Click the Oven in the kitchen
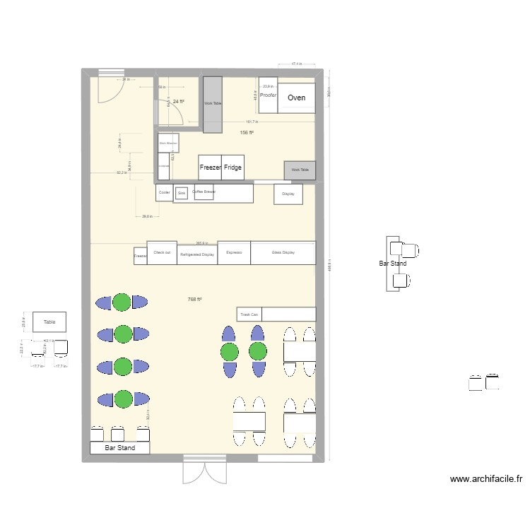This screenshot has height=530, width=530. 296,98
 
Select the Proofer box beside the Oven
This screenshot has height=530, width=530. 268,95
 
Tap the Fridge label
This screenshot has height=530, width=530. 232,168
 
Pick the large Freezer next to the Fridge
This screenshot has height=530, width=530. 210,168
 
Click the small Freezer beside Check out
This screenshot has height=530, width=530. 140,256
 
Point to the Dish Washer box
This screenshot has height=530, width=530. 168,143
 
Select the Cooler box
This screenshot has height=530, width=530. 164,192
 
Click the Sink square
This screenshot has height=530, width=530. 182,193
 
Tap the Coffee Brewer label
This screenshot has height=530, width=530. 204,192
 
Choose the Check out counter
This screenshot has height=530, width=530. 162,252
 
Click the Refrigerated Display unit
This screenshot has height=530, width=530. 197,254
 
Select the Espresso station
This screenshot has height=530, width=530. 234,252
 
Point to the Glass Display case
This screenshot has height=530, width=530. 283,252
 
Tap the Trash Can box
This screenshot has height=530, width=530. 249,314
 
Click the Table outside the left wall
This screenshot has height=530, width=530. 49,322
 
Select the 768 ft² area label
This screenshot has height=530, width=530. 195,300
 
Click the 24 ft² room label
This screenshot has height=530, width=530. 179,102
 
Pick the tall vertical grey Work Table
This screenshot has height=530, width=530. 213,104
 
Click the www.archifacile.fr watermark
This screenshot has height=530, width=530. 485,478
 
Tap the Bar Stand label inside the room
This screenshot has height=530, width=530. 120,448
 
